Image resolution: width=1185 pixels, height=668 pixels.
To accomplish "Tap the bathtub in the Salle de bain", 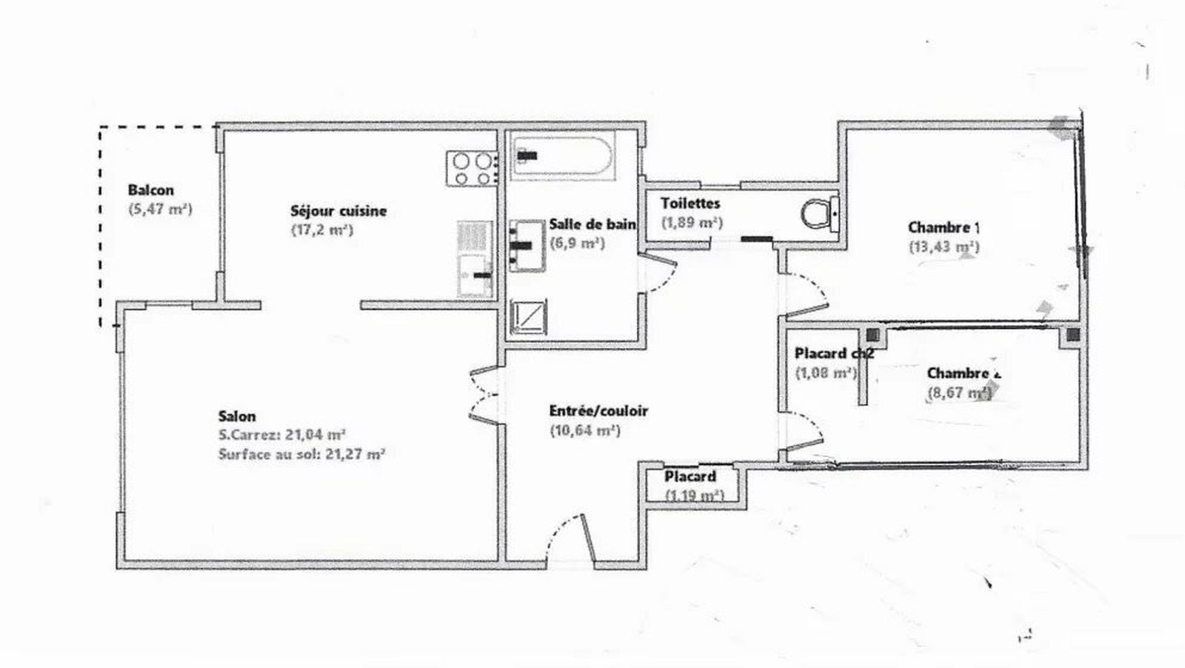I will pos(563,156).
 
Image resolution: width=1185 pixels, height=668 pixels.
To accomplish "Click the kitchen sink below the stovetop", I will pos(474,274).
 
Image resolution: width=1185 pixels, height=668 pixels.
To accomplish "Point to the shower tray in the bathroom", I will pos(530,317).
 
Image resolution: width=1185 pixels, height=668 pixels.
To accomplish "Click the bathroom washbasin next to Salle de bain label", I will pos(528,244).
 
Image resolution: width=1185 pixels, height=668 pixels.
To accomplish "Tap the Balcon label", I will pos(150,190).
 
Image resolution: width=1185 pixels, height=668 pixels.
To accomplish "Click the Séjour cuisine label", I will pos(338,211).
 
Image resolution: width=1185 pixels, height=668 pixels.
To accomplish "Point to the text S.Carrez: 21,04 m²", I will pos(283,435).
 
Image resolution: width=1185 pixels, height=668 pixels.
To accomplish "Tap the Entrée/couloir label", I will pos(598,411).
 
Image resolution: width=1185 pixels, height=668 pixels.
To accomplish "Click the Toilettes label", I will pos(690,203).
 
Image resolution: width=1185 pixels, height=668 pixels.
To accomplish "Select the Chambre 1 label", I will pos(943,227).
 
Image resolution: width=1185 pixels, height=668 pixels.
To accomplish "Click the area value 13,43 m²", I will pos(944,247).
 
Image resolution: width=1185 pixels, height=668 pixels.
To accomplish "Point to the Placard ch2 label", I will pos(833,354).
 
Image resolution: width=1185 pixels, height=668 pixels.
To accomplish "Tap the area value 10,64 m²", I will pos(584,430).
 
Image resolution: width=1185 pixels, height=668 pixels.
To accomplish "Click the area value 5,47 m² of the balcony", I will pos(160,210).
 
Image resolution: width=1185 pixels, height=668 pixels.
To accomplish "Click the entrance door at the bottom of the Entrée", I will pos(570,541).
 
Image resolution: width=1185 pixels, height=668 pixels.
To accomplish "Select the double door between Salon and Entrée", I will pos(483,395).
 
